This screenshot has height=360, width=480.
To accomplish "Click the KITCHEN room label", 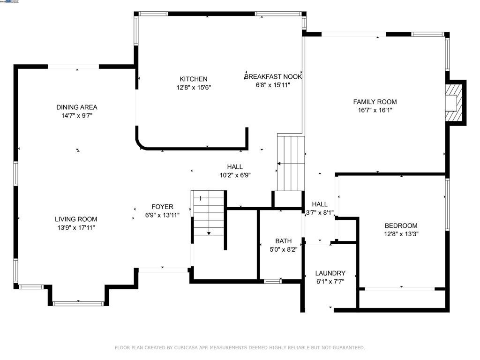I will click(x=193, y=79).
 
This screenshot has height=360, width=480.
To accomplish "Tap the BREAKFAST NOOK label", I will click(x=273, y=76).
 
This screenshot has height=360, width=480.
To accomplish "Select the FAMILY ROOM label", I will click(x=375, y=102).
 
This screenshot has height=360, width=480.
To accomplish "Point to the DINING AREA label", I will click(x=77, y=107).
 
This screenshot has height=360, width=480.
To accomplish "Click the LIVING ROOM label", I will click(x=76, y=219).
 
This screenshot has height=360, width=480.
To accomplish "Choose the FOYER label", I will click(x=162, y=207).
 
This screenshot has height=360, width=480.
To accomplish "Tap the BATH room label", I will click(x=283, y=241).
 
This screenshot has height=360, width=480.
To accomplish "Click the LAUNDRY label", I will click(x=330, y=273).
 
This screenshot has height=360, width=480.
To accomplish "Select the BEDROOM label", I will click(x=401, y=225).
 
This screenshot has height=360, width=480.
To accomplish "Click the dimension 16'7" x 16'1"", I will click(x=375, y=110).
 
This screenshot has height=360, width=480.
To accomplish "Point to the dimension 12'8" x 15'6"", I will click(x=193, y=88).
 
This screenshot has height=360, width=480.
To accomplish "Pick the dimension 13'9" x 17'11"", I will click(x=76, y=227).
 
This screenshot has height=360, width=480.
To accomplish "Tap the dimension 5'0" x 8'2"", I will click(x=283, y=249).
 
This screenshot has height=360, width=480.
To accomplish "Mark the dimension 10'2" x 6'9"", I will click(x=235, y=175).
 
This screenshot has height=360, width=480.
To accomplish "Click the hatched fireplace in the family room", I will click(x=453, y=102).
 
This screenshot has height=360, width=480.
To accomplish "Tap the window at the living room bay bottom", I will click(x=78, y=304).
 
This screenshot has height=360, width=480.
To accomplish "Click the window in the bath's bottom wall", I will click(x=272, y=281).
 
